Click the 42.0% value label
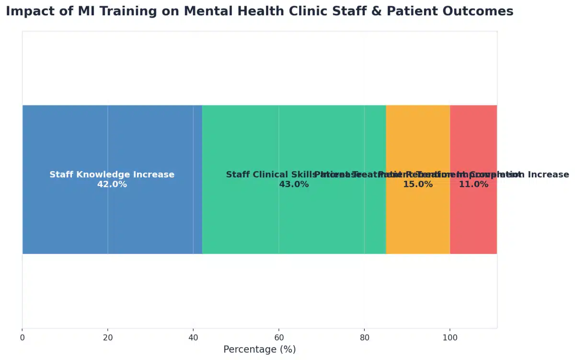pos(112,185)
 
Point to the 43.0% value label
pos(294,185)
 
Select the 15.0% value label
pos(418,185)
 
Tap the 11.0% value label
pos(473,185)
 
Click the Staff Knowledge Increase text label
pos(112,174)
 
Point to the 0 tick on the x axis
pos(22,337)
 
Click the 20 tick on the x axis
pos(108,337)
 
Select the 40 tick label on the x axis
pos(193,337)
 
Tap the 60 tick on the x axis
pos(279,337)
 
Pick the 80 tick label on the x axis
pos(364,337)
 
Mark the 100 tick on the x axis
pos(450,337)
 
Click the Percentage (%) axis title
pos(259,349)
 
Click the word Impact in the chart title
pos(26,12)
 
